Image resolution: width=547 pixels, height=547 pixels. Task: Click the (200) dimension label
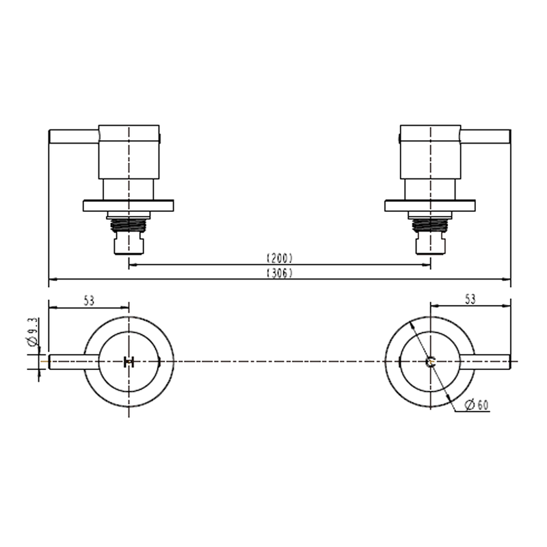(279, 258)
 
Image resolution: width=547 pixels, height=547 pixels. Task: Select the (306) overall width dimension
(279, 273)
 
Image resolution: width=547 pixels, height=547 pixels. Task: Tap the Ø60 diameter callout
(476, 405)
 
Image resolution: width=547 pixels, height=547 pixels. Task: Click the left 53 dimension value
(88, 299)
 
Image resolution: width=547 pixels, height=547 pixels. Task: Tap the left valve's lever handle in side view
(74, 137)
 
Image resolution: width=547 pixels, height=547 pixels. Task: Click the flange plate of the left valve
(129, 205)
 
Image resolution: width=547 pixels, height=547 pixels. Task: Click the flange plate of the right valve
(430, 205)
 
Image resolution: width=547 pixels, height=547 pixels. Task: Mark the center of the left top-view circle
(129, 362)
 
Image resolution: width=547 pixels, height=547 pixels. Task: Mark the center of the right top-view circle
(430, 362)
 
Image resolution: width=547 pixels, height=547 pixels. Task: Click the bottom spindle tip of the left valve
(129, 243)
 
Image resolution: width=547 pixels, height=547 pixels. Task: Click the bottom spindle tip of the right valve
(430, 243)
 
